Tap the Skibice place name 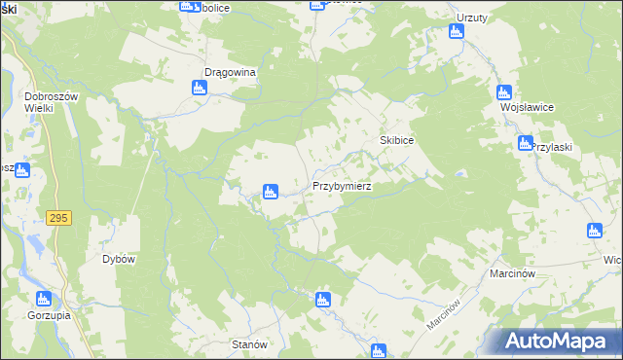397,141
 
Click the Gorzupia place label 42,317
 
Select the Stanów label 249,344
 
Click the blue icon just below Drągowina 200,89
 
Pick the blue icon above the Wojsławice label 503,93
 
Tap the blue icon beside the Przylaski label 523,145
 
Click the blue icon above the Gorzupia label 42,300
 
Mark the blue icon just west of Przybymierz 272,192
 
